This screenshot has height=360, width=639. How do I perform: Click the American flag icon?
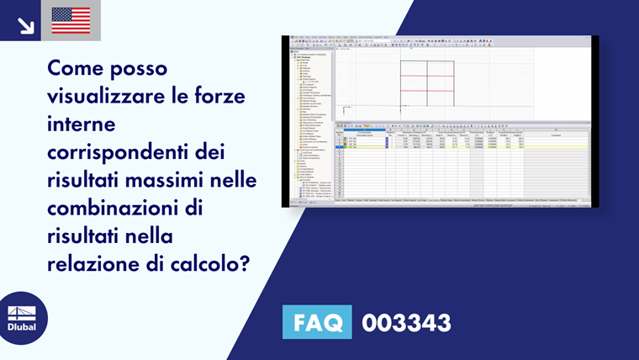(71, 20)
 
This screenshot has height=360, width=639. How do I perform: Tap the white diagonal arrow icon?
(25, 22)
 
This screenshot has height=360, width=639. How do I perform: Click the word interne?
(82, 124)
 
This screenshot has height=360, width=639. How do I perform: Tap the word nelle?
(234, 180)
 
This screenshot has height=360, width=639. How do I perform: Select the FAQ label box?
(317, 323)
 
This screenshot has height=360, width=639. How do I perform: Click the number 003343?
(406, 323)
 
